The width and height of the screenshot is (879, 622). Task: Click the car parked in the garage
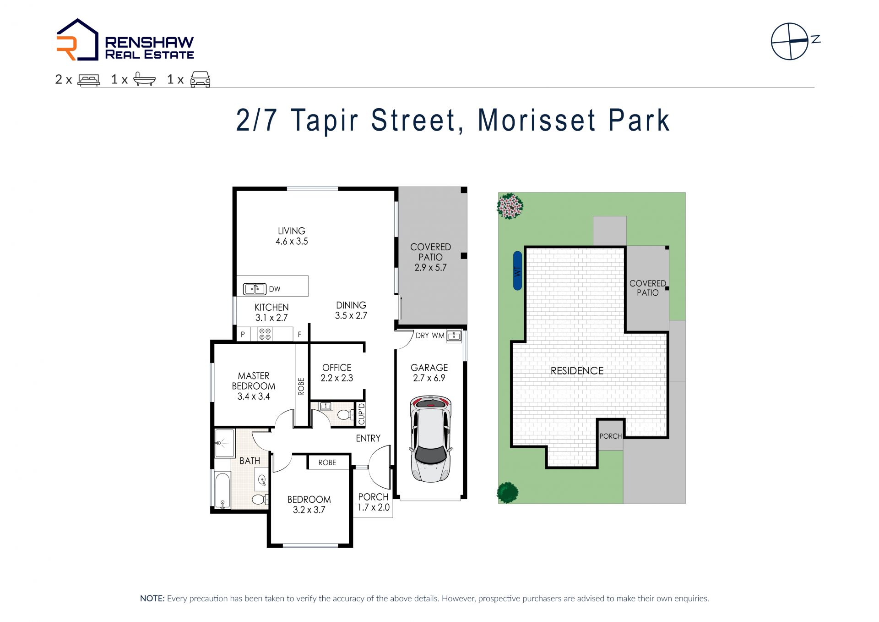tap(430, 439)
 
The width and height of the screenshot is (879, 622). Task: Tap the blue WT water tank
tap(517, 270)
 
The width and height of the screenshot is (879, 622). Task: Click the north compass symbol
tap(795, 41)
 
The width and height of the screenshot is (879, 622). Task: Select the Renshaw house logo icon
tap(77, 40)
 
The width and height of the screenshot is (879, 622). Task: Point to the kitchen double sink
tap(255, 289)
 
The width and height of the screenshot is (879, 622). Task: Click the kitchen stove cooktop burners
tap(265, 334)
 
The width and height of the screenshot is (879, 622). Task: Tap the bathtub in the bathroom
tap(223, 490)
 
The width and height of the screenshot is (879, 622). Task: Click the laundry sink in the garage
tap(454, 336)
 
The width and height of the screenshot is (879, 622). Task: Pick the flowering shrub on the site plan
tap(510, 206)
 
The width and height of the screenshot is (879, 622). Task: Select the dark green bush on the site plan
tap(508, 493)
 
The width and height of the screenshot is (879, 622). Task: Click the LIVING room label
tap(292, 231)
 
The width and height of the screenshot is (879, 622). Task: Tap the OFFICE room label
tap(337, 368)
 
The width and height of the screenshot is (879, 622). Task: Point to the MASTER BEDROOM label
tap(254, 381)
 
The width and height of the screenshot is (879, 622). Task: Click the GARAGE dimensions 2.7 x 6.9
tap(429, 378)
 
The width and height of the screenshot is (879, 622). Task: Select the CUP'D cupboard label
tap(362, 413)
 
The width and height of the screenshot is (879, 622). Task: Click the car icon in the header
tap(200, 79)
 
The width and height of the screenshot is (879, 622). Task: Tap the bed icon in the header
tap(89, 80)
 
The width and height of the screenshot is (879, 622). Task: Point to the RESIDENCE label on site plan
tap(577, 371)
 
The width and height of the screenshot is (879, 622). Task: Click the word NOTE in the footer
tap(152, 599)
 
